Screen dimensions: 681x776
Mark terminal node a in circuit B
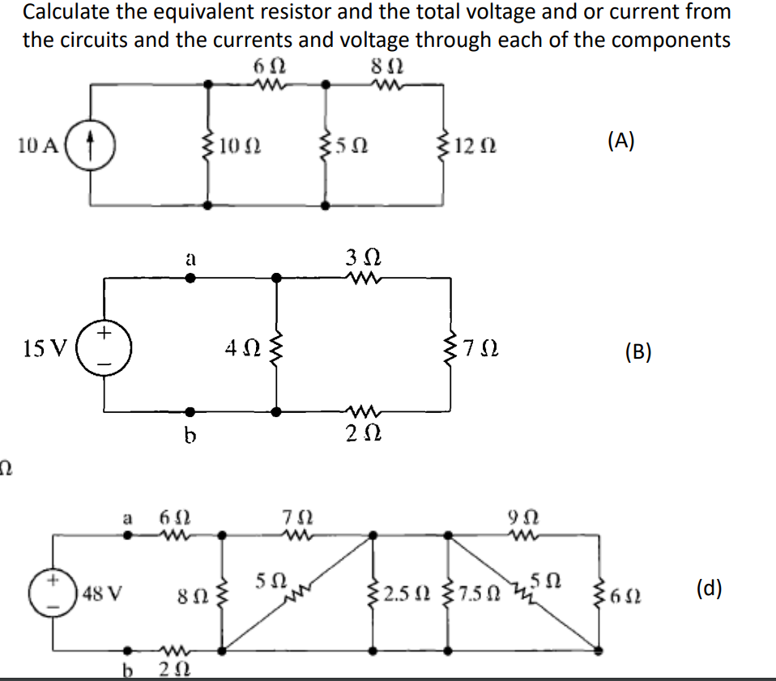pos(190,278)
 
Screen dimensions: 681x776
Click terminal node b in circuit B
pos(190,411)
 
